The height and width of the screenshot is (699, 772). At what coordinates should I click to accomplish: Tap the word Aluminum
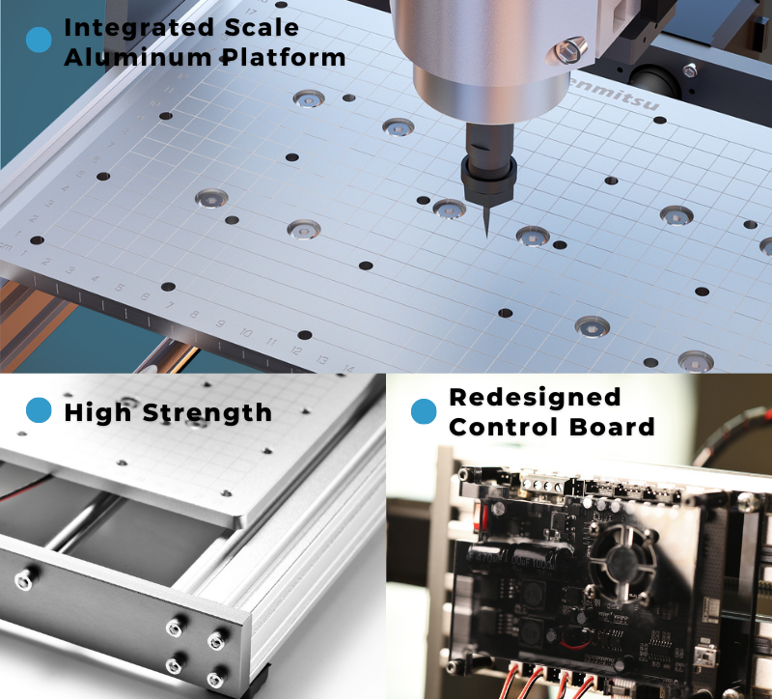point(124,58)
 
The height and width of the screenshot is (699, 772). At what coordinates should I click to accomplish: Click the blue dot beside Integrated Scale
point(39,40)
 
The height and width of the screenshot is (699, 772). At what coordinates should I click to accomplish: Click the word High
point(98,414)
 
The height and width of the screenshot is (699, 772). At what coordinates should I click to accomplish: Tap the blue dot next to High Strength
point(39,411)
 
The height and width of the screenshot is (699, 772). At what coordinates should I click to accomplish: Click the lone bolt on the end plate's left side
point(21,579)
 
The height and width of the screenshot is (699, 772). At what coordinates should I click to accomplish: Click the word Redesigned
point(535,397)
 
